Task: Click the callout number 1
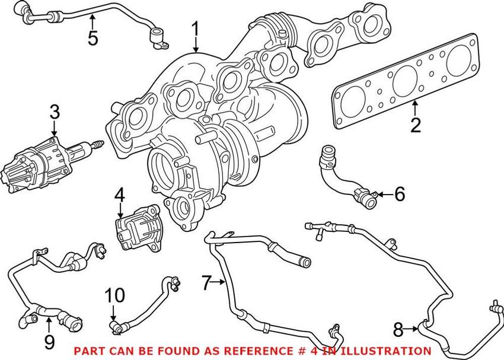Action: pos(195,30)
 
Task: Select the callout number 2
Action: pos(415,125)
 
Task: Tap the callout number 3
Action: pos(55,111)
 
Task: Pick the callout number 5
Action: pos(92,38)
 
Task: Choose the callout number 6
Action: pos(400,194)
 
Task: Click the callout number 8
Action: pos(398,327)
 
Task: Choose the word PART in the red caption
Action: pos(87,351)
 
